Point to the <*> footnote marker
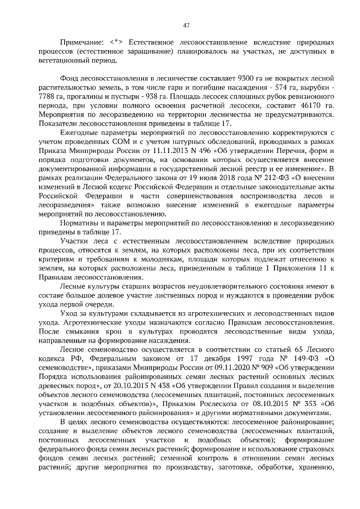click(x=116, y=42)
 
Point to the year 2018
click(x=199, y=178)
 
